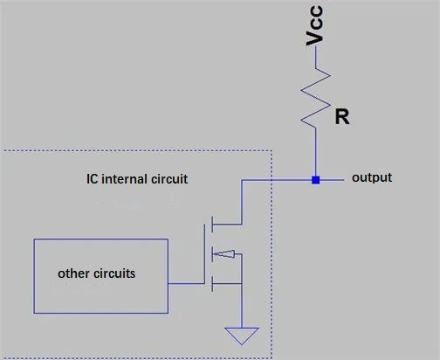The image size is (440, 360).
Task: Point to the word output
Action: tap(371, 178)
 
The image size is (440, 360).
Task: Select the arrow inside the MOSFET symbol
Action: tap(226, 255)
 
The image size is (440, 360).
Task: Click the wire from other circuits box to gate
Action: tap(186, 283)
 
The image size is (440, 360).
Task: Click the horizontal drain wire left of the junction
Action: tap(279, 180)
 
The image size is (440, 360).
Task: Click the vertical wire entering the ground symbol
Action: tap(238, 306)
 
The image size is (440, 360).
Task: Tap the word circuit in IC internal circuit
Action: tap(167, 179)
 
